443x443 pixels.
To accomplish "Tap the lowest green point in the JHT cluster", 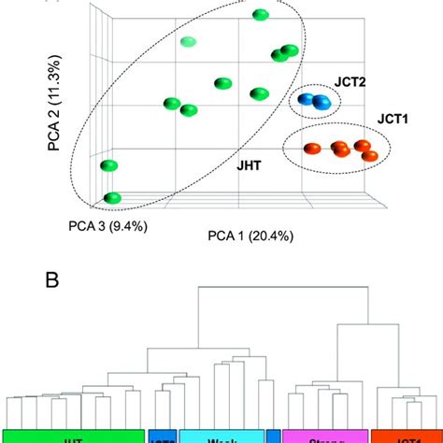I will (x=113, y=198).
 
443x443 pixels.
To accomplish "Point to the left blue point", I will (x=307, y=98).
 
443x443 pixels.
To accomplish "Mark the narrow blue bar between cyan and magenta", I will (x=273, y=436).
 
